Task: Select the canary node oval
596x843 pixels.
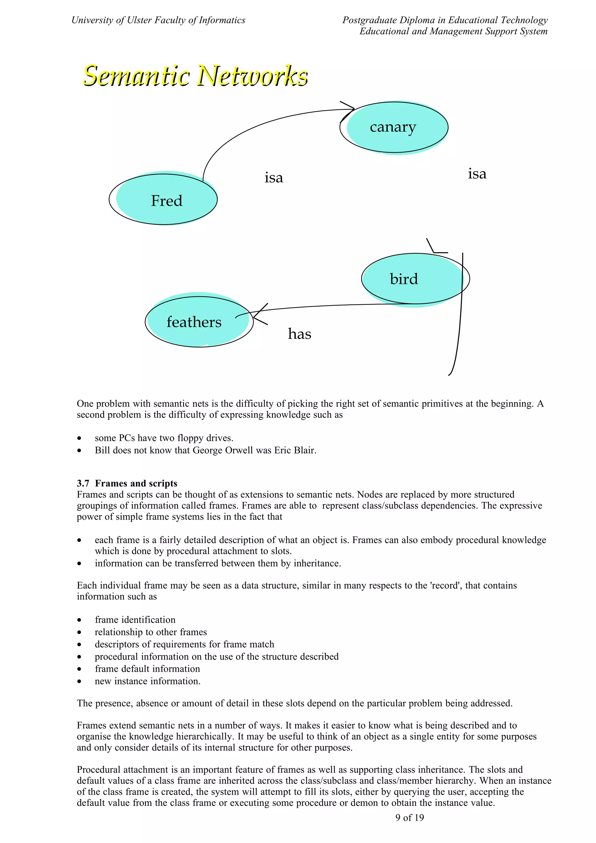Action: coord(394,127)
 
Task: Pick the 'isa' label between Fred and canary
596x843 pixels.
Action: coord(274,178)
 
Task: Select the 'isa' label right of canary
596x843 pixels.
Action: coord(477,174)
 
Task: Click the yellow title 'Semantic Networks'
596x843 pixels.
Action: coord(195,76)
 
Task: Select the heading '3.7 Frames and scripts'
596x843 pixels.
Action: coord(127,483)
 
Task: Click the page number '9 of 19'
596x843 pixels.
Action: coord(409,817)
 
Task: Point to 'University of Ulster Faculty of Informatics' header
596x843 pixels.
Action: coord(158,20)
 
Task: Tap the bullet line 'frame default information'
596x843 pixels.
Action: coord(147,668)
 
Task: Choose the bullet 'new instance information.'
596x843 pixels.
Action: coord(148,681)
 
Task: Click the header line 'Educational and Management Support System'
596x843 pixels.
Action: coord(453,31)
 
